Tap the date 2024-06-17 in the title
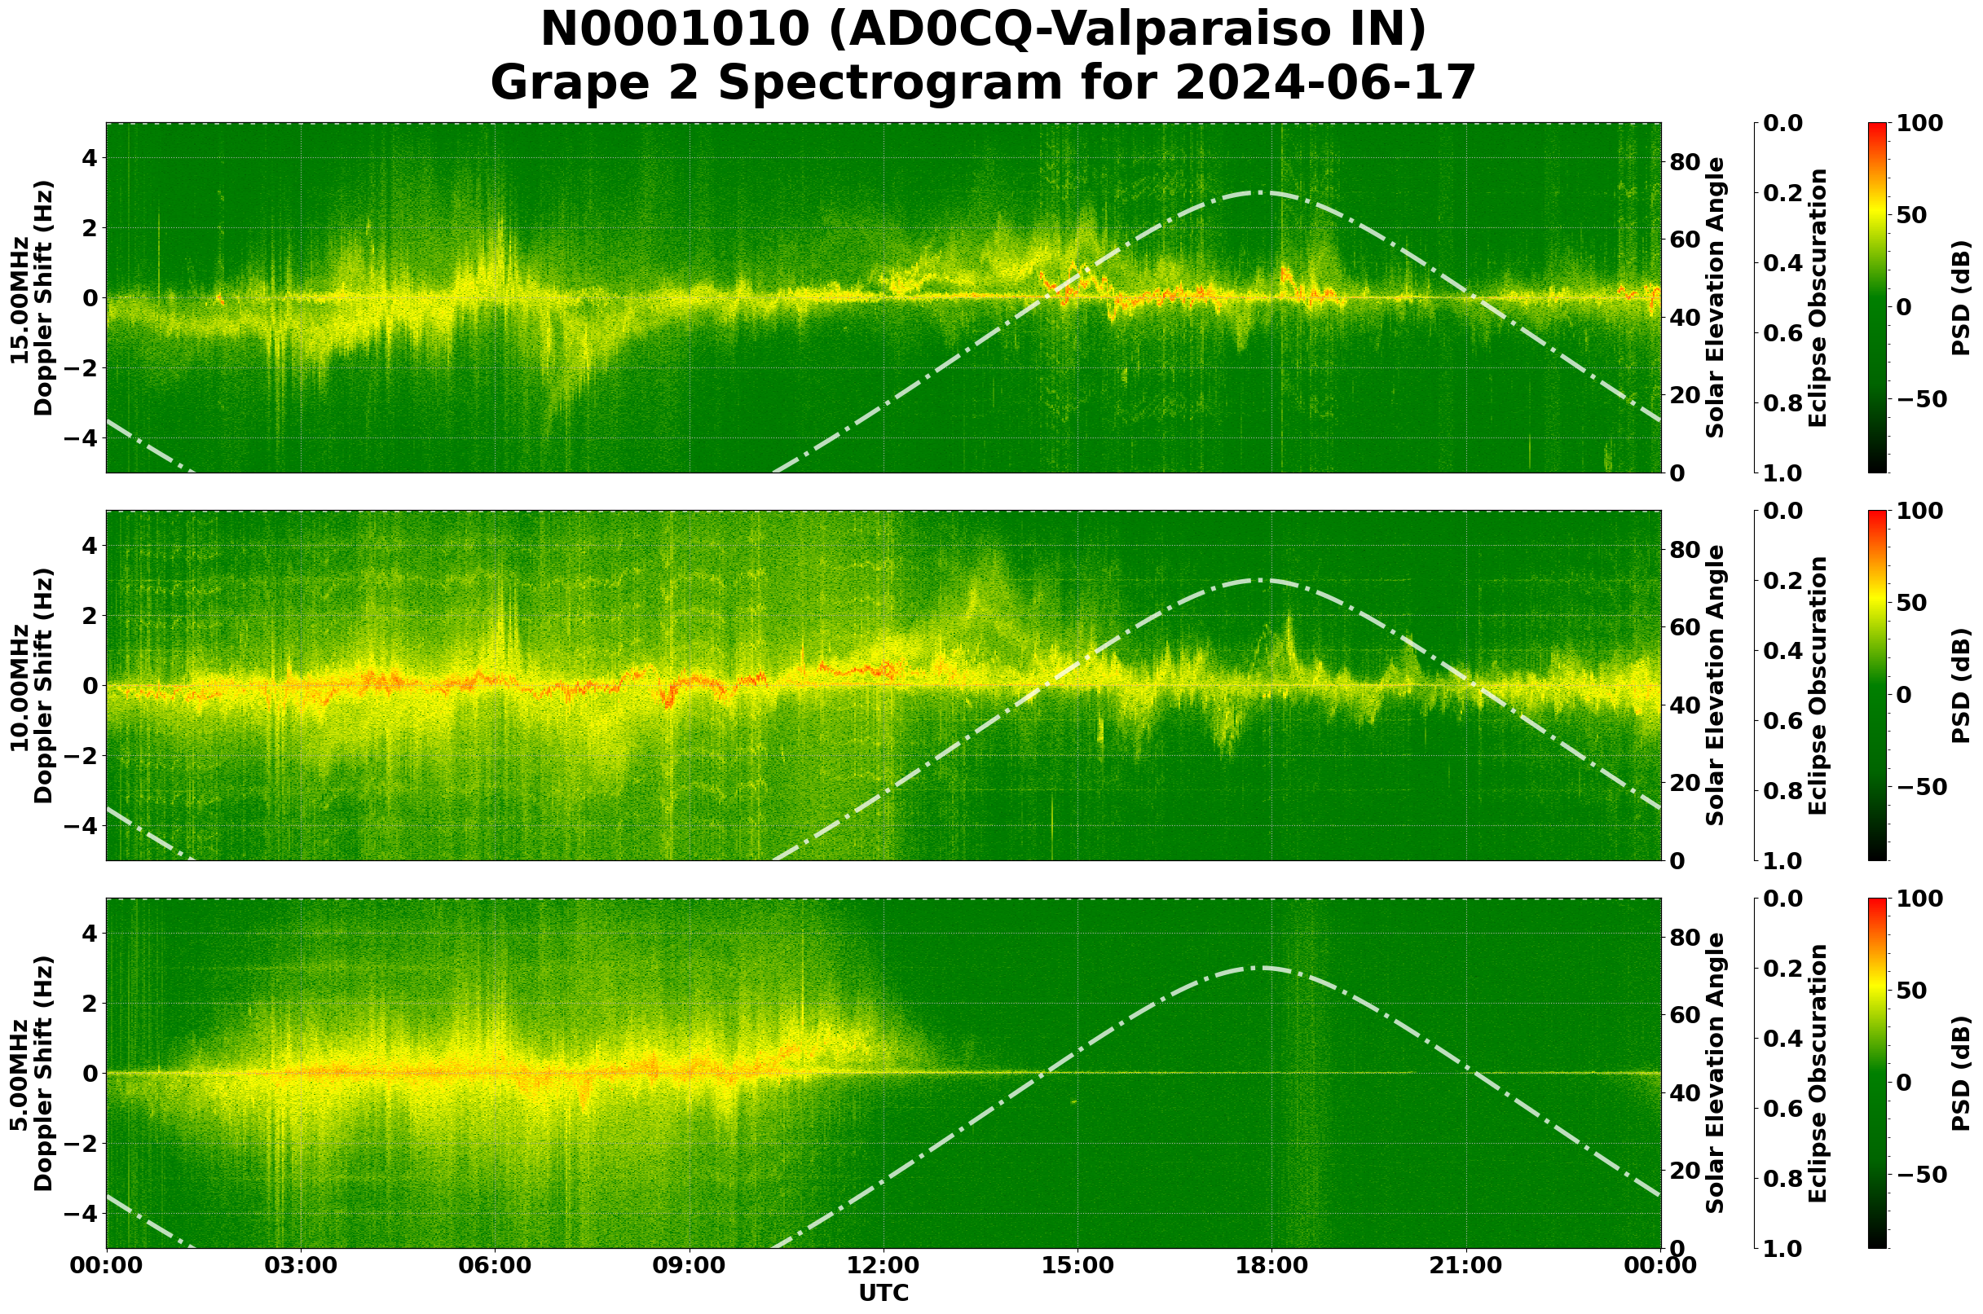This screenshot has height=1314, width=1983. [1324, 83]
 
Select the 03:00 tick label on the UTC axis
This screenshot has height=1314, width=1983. [301, 1265]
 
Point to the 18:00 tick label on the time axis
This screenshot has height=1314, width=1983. [1272, 1265]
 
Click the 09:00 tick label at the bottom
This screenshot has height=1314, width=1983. [690, 1265]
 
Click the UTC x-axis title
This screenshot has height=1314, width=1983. [884, 1293]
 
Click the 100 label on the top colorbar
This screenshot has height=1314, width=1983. [1919, 124]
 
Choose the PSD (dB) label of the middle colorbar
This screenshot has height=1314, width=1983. [1960, 685]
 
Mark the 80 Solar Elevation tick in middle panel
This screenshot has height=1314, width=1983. [1685, 550]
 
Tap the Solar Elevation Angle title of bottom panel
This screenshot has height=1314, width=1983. [1716, 1073]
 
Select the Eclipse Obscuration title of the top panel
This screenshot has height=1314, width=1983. [1817, 297]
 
